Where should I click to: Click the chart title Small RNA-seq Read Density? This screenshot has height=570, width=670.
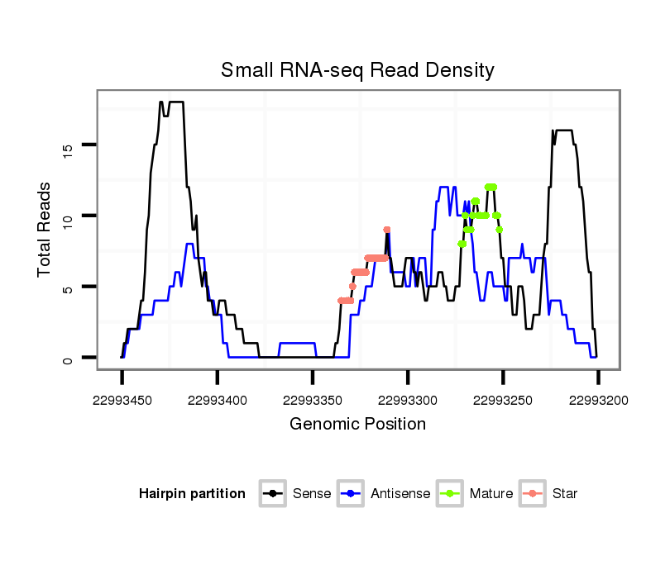[357, 70]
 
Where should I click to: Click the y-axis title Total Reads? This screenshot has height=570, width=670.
[45, 229]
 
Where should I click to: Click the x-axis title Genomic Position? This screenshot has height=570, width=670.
[357, 425]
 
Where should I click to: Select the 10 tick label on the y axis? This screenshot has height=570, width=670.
[68, 216]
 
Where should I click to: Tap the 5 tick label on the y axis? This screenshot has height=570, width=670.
[68, 287]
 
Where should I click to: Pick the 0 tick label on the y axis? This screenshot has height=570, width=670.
[68, 359]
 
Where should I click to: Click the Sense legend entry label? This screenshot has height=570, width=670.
[312, 494]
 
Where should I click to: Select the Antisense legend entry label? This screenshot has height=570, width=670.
[400, 494]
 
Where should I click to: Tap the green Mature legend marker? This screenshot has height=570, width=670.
[451, 494]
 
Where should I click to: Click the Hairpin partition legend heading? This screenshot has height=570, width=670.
[192, 494]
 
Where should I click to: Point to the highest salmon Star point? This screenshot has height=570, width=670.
[387, 230]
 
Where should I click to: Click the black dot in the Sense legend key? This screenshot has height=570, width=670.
[274, 494]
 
